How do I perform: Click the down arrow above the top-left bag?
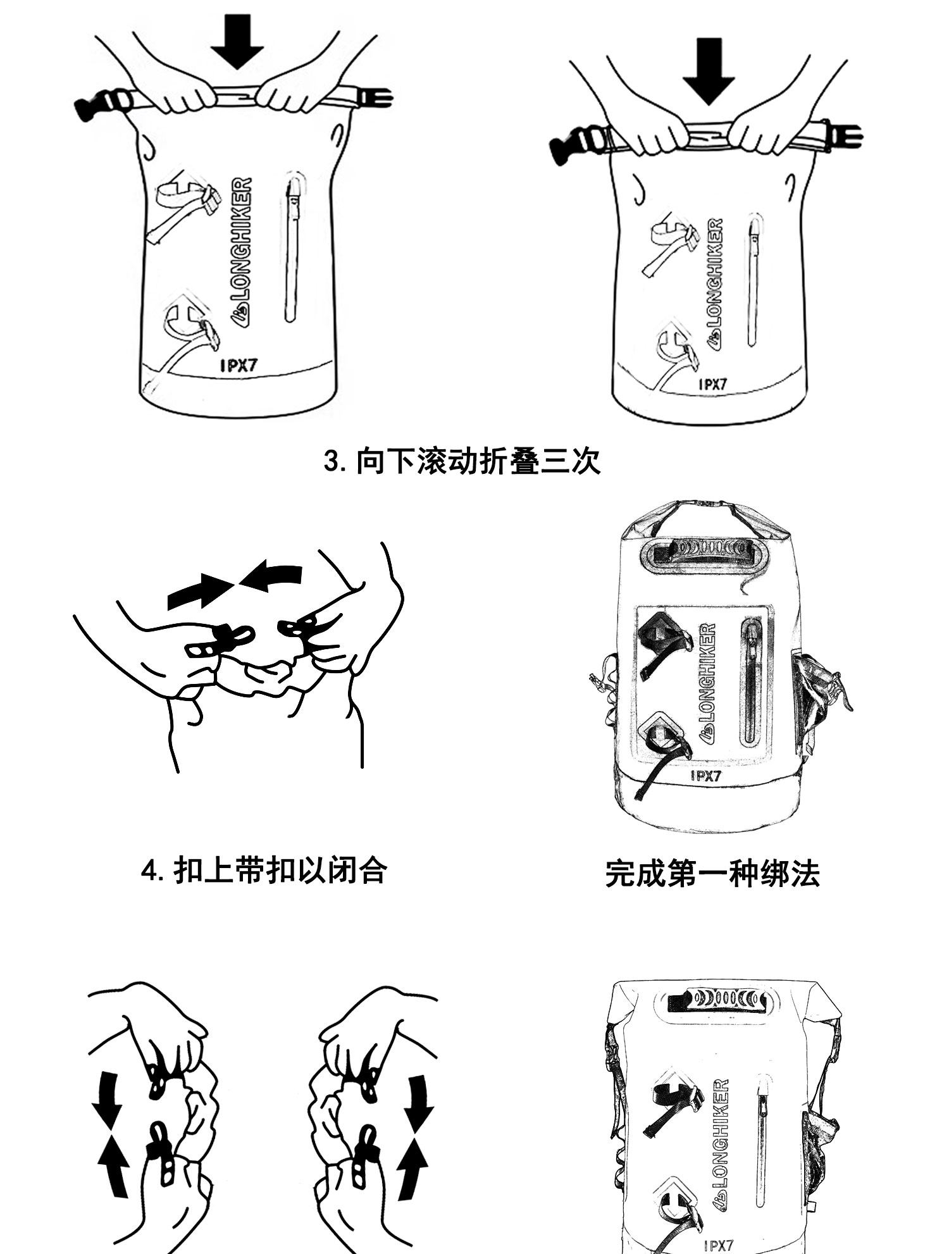(237, 41)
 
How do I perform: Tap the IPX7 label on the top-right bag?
(712, 383)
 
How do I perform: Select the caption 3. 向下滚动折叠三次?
(462, 461)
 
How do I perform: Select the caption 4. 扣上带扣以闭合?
(263, 871)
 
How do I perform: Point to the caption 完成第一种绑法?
(712, 873)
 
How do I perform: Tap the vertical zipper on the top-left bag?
(292, 247)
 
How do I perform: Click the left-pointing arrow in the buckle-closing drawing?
(273, 576)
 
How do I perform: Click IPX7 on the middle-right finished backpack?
(705, 776)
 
